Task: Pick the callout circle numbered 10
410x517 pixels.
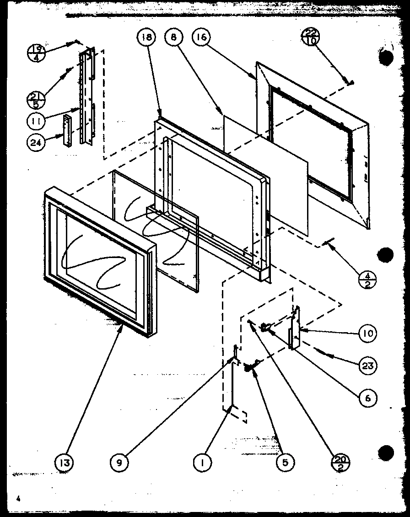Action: click(x=367, y=333)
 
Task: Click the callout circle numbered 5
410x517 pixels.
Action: click(x=285, y=463)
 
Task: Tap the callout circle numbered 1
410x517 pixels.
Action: click(x=202, y=463)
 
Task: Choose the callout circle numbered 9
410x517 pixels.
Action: click(x=119, y=463)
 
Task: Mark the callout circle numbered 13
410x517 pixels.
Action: click(x=65, y=463)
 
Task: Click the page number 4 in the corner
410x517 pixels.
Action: click(x=18, y=498)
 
